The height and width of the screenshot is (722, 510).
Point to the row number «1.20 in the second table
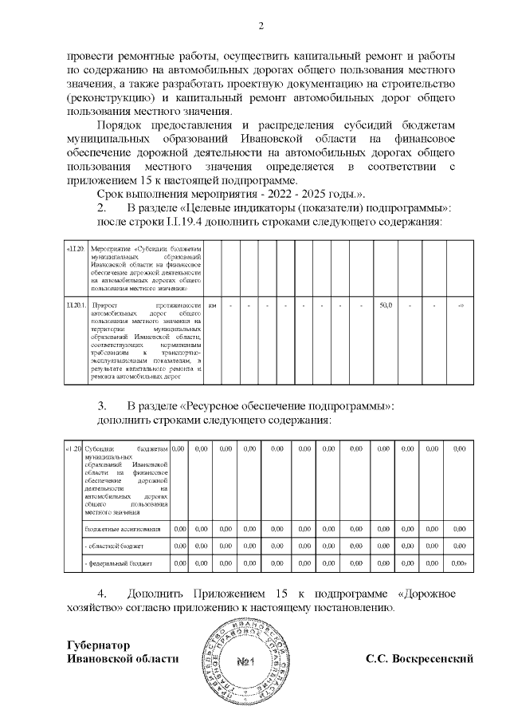(73, 449)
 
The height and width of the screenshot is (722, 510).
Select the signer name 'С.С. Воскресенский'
(420, 659)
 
